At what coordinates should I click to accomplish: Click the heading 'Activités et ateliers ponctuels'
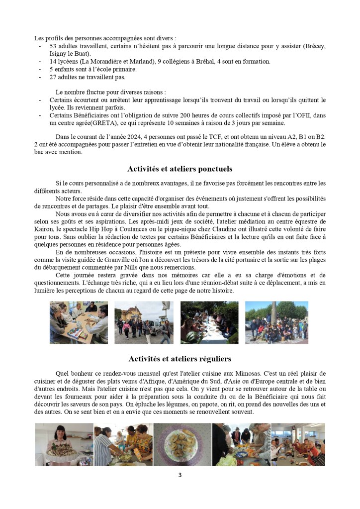(x=180, y=169)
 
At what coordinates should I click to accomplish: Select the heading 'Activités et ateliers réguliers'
(x=180, y=358)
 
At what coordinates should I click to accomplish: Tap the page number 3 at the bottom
(x=180, y=475)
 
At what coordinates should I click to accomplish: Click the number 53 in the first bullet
(x=53, y=46)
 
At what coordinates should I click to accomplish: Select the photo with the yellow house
(x=143, y=322)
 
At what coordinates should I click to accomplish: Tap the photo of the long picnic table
(x=209, y=322)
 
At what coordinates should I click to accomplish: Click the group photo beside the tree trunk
(x=276, y=322)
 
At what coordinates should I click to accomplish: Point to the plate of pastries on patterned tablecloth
(x=182, y=444)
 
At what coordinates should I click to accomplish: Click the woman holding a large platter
(x=64, y=444)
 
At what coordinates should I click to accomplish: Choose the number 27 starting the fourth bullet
(x=53, y=77)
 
